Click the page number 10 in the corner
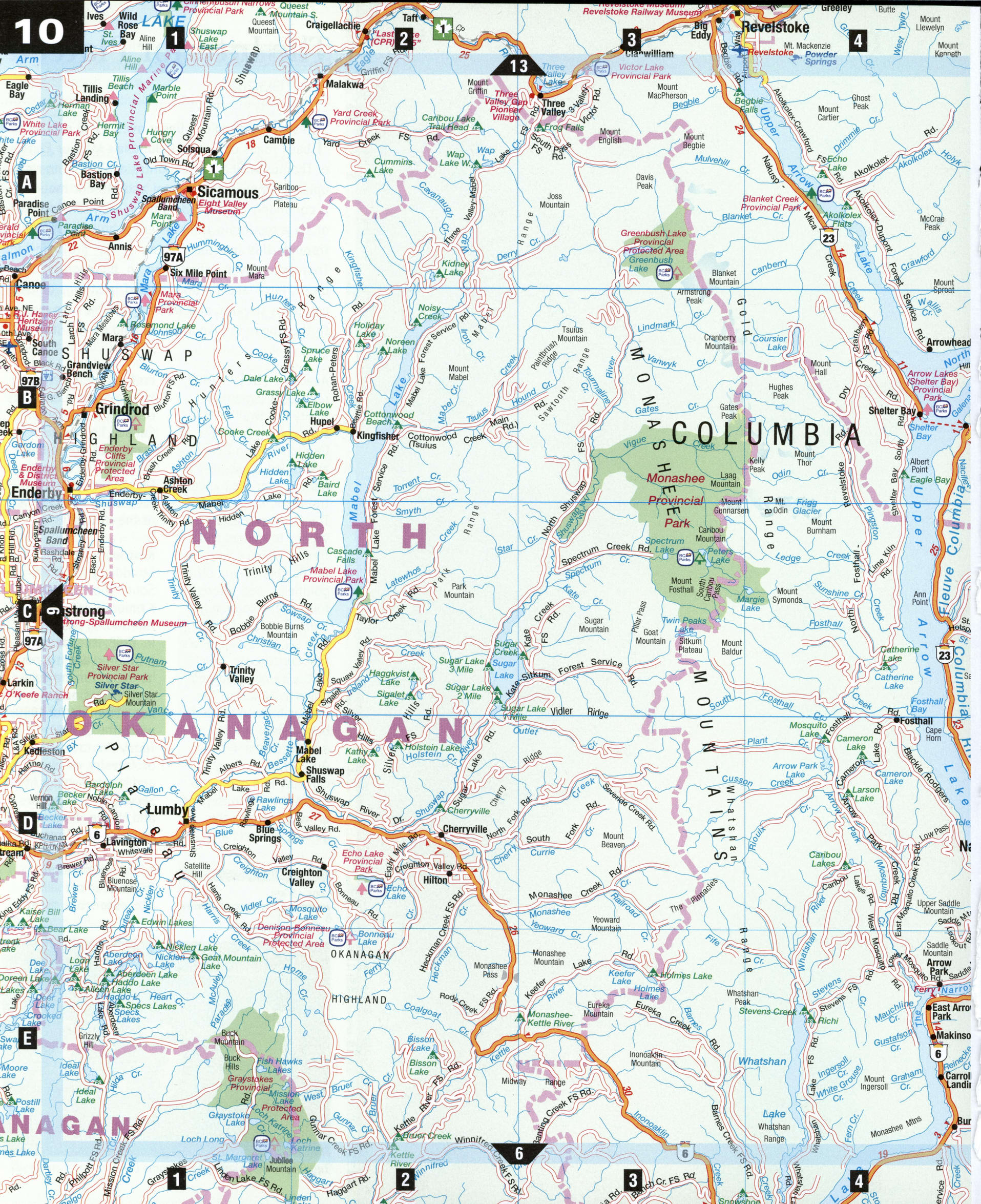[40, 31]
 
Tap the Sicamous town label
[227, 193]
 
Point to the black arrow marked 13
[518, 66]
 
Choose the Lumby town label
[166, 809]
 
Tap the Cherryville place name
[465, 829]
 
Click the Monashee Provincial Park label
[675, 500]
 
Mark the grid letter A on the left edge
[27, 182]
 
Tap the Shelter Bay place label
[892, 411]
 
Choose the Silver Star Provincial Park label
[117, 672]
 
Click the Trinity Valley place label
[242, 675]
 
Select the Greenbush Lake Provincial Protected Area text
[653, 241]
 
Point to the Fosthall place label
[916, 721]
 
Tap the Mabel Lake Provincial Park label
[333, 575]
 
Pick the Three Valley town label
[553, 108]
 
